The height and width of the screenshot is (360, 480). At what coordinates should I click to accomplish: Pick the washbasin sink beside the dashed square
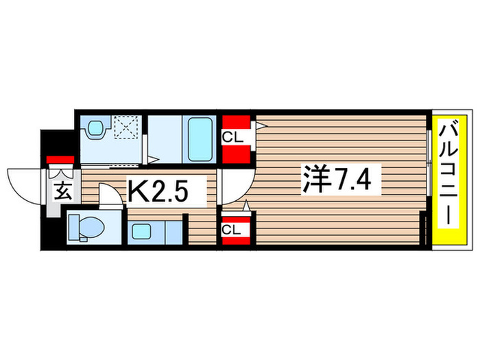click(95, 128)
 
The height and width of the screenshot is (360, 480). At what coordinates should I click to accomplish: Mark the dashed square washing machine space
click(127, 128)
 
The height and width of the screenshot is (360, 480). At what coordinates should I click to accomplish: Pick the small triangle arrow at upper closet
click(261, 125)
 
